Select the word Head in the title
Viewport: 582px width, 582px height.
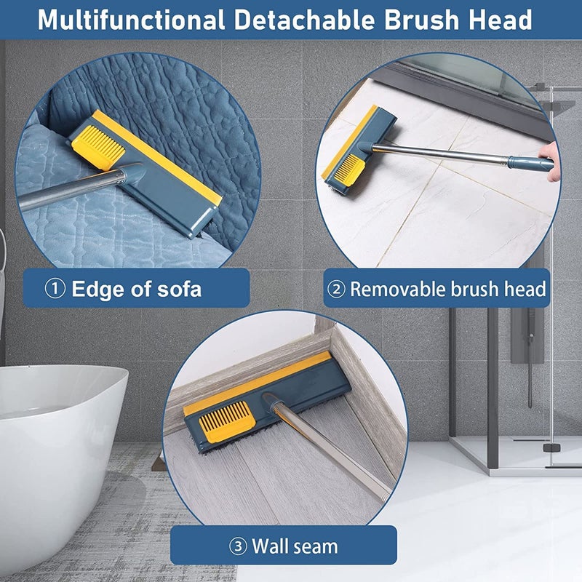[x=502, y=20]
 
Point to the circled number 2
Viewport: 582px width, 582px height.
[x=337, y=290]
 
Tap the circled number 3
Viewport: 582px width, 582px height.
[x=238, y=546]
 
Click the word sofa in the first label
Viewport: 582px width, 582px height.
[x=178, y=290]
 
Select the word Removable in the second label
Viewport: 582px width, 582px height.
[x=399, y=290]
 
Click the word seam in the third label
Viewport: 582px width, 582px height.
[x=316, y=546]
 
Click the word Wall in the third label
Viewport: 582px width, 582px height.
[x=270, y=546]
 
